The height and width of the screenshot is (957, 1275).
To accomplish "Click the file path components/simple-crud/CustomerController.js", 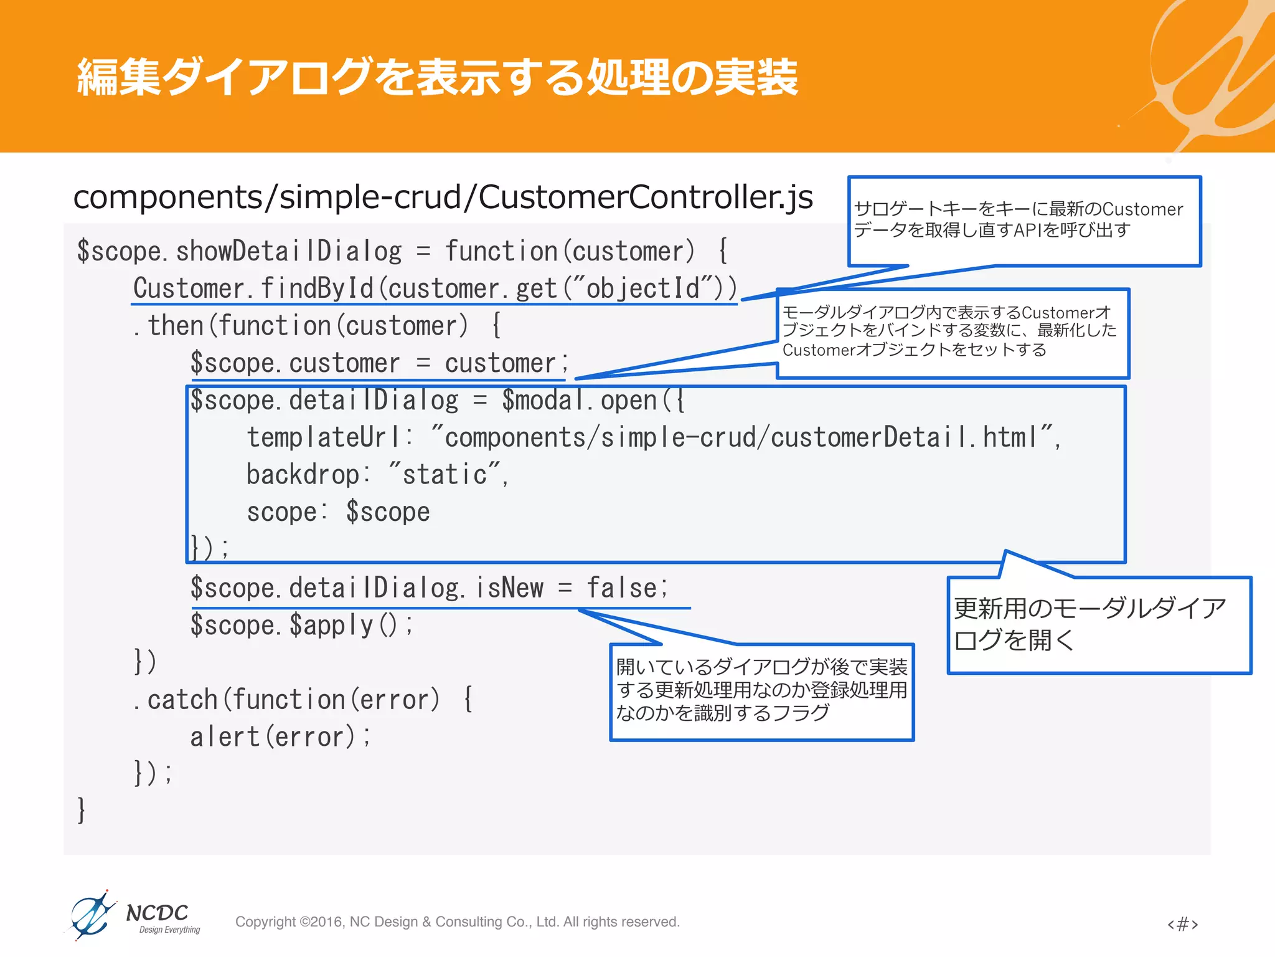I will [443, 197].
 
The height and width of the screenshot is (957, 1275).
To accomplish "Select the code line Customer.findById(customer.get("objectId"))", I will [435, 288].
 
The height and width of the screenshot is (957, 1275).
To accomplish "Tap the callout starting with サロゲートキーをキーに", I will [1023, 221].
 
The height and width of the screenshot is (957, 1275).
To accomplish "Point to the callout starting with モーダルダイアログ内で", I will [952, 332].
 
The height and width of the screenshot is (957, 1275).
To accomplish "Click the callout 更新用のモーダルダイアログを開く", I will [1098, 624].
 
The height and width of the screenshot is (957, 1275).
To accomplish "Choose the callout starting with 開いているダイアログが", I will [761, 691].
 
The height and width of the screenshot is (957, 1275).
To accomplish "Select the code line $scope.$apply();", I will [301, 625].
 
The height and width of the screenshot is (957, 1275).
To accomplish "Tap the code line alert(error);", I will [280, 737].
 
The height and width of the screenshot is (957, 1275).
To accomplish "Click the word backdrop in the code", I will [303, 475].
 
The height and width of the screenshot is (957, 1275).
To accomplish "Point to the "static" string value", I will [445, 475].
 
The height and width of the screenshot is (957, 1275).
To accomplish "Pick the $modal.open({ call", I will [593, 401].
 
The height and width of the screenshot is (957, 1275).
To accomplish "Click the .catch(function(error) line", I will [303, 700].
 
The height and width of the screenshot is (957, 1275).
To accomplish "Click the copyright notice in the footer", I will [457, 921].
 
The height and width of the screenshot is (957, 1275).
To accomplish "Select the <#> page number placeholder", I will [1182, 923].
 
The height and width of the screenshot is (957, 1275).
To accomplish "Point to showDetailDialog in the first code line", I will [289, 252].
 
